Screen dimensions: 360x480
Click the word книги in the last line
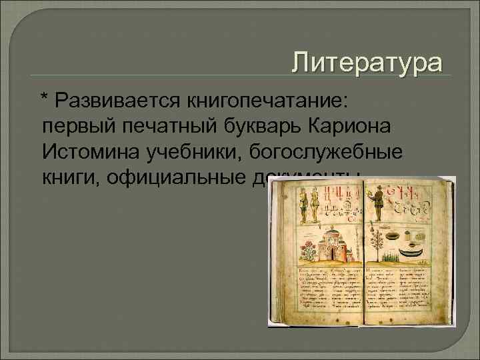tap(69, 176)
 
